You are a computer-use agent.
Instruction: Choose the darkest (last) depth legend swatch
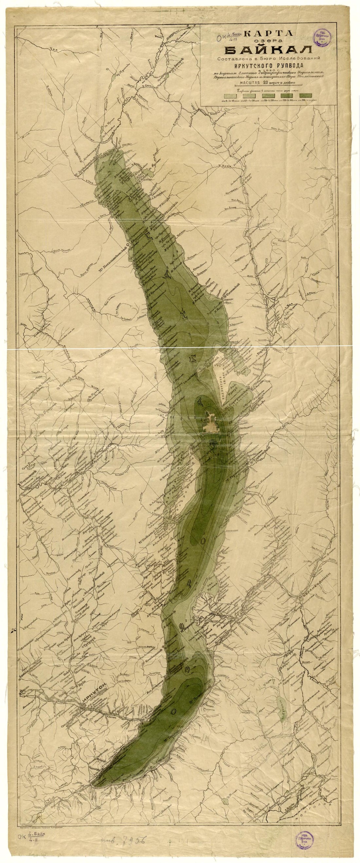[306, 96]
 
